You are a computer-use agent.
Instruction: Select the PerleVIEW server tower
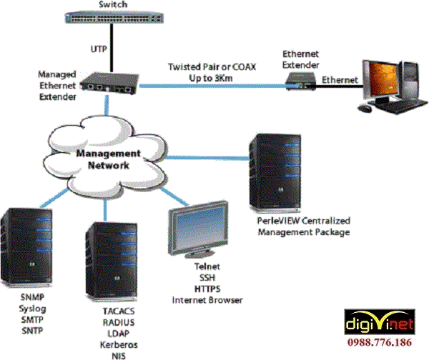tap(275, 174)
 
